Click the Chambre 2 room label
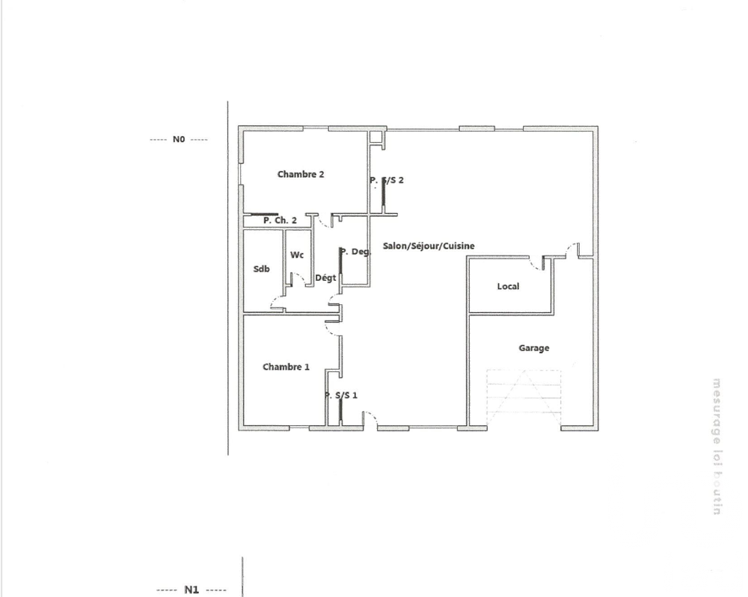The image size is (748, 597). tap(301, 174)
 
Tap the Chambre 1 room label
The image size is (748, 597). tap(286, 367)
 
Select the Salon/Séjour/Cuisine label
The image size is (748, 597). tap(429, 246)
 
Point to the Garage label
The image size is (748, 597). tap(534, 348)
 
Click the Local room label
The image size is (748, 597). tap(508, 286)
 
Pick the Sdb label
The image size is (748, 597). tap(261, 269)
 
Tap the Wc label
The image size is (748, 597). tap(297, 255)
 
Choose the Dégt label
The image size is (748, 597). tap(325, 278)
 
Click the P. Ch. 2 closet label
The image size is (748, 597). tap(280, 220)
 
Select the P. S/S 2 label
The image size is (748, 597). tap(387, 180)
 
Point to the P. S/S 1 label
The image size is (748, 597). tap(341, 395)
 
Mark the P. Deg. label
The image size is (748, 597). tap(355, 252)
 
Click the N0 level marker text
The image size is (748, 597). tap(178, 139)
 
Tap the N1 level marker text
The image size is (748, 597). tap(191, 590)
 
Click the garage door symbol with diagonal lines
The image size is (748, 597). tap(524, 396)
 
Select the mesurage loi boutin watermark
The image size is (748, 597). tap(717, 446)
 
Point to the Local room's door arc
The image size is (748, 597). tap(536, 263)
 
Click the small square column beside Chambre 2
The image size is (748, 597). tap(375, 138)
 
